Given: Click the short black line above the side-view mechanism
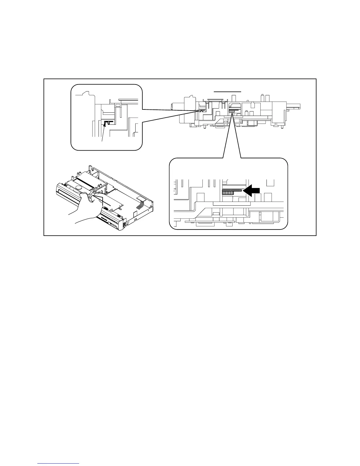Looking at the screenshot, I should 227,92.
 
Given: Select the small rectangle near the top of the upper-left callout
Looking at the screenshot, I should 118,105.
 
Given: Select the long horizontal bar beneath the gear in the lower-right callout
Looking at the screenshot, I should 231,203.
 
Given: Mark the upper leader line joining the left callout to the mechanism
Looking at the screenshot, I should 169,110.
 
